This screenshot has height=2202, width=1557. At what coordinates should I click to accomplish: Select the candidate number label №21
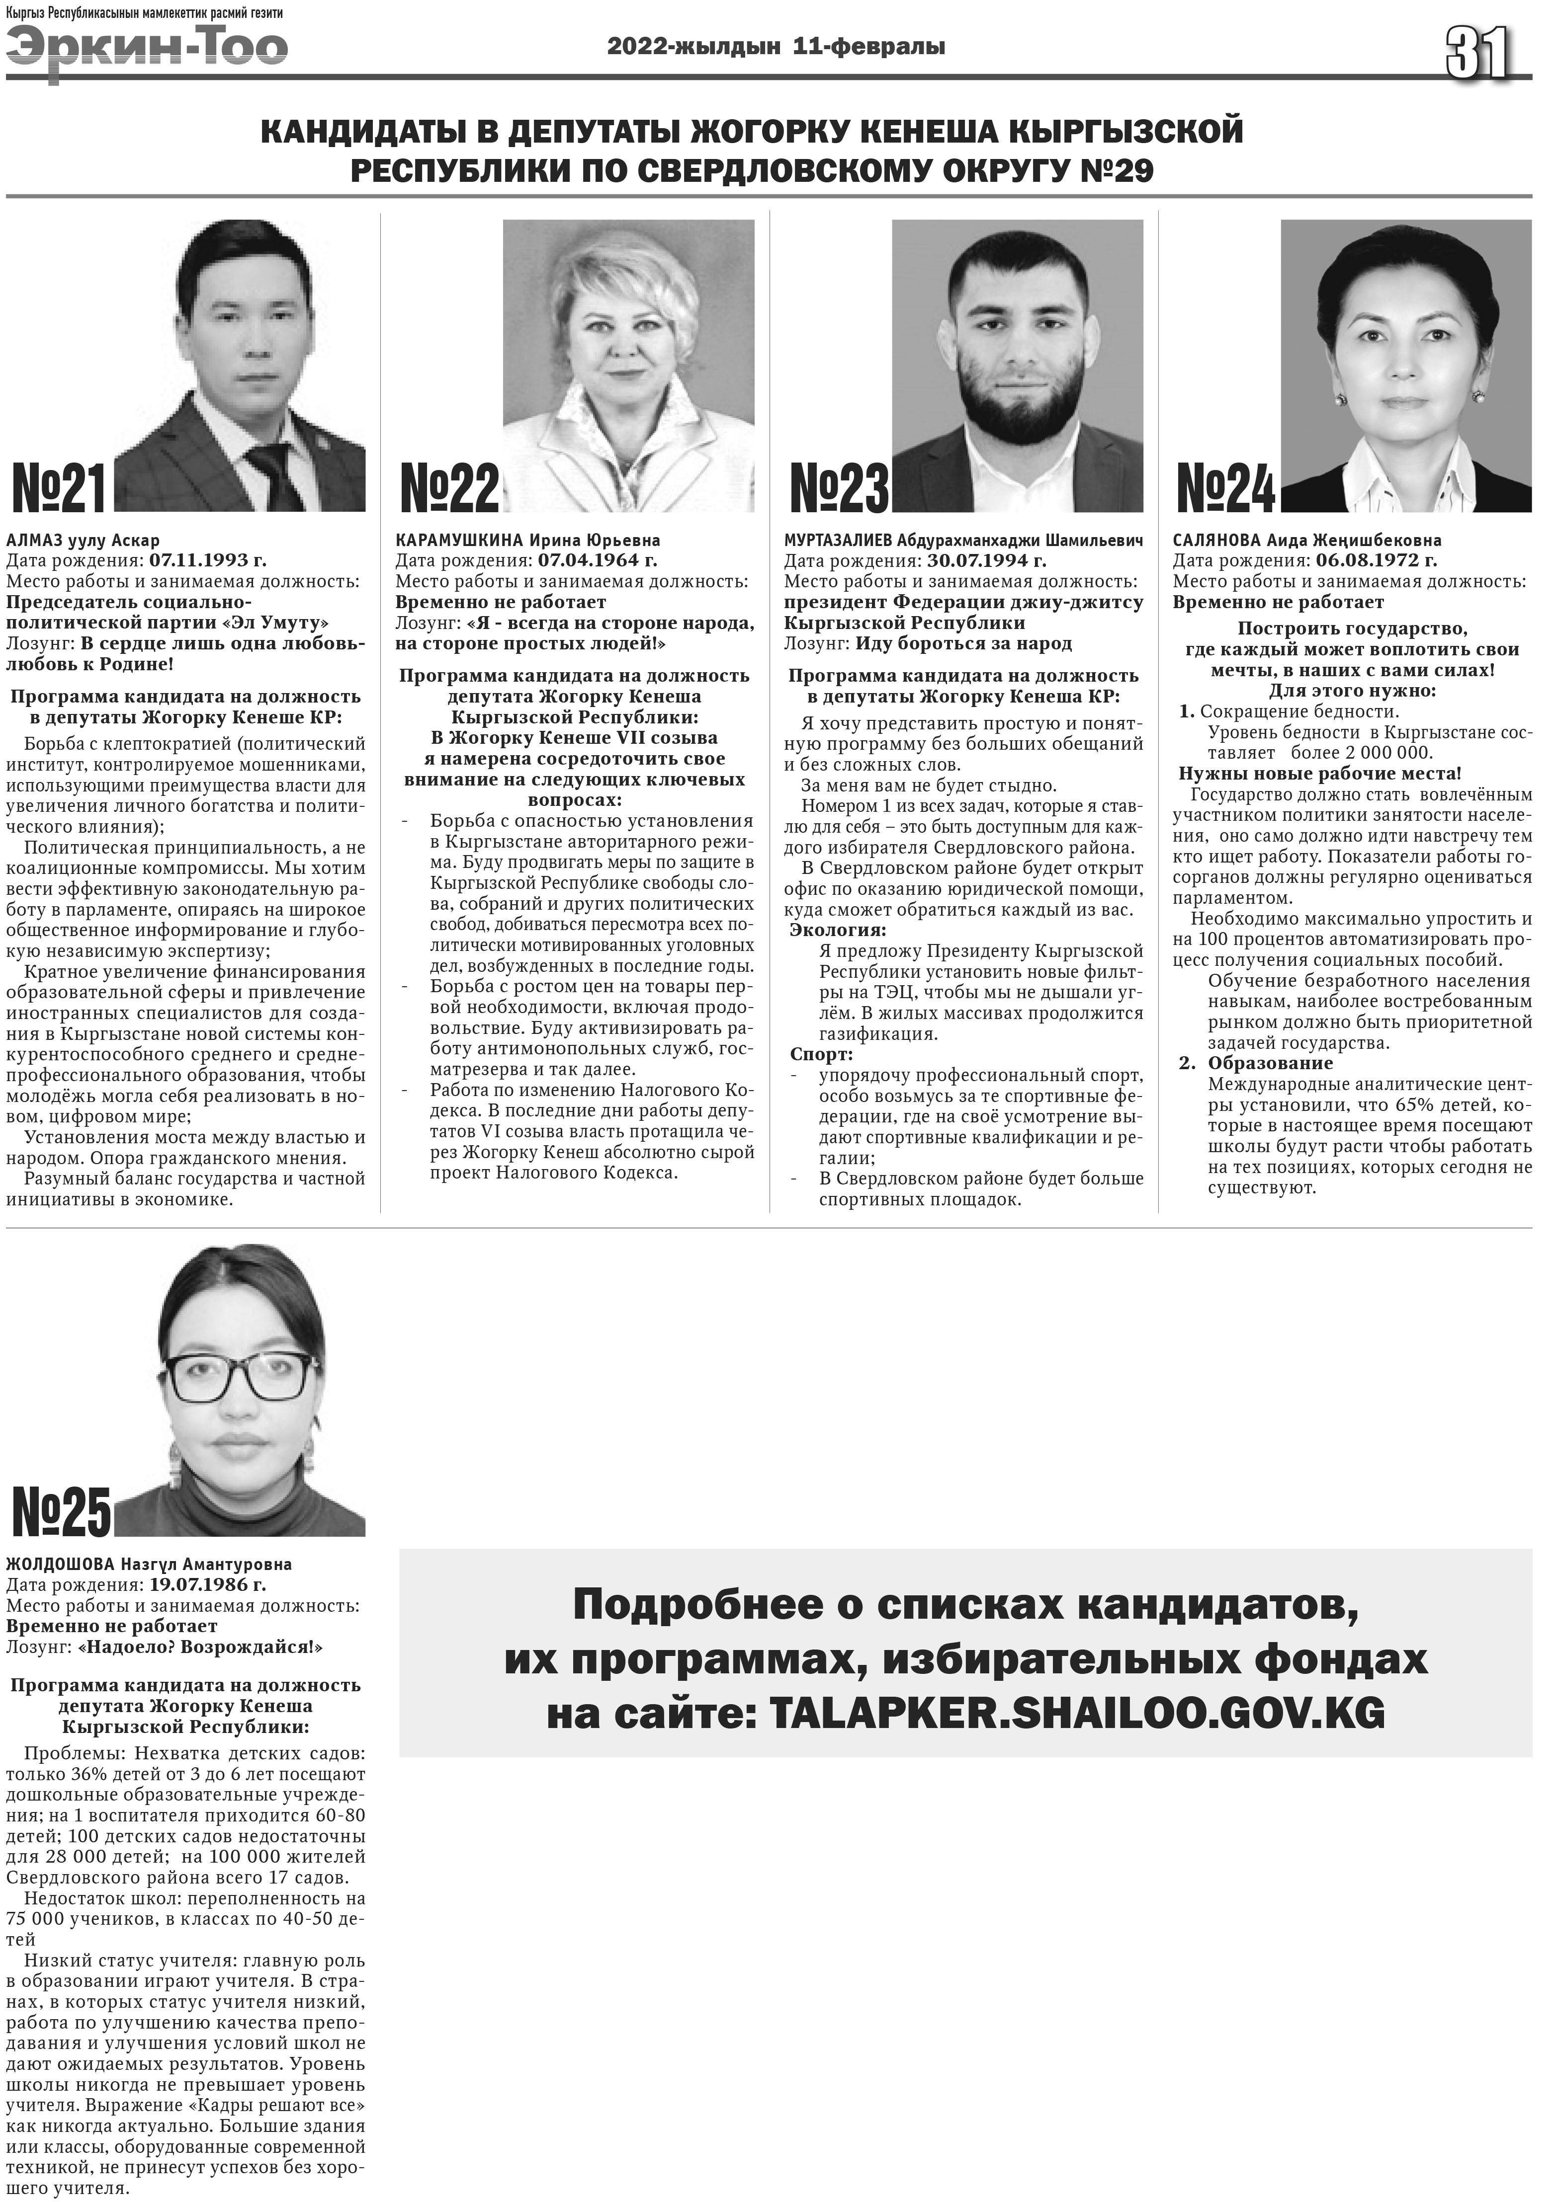click(60, 489)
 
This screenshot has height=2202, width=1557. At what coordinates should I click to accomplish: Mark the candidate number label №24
click(1226, 489)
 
